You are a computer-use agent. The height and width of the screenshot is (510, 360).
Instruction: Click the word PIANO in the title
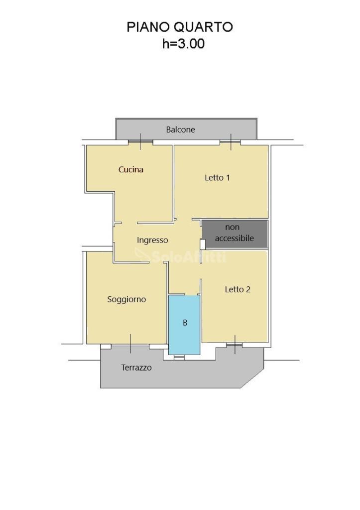coord(148,27)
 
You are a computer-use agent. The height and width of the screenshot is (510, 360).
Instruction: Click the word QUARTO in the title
coord(203,27)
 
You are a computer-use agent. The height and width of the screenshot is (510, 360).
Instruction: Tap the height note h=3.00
coord(183,44)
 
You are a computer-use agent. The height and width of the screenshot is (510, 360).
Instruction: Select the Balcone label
coord(180,129)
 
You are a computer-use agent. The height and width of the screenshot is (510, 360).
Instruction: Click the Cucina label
coord(131,169)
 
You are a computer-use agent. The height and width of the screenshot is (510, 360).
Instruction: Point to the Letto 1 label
coord(217,178)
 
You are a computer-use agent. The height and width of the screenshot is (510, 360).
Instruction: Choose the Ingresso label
coord(152,241)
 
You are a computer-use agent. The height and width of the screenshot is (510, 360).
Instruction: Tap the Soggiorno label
coord(126,299)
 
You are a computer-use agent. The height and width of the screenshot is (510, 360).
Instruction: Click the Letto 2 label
coord(238,289)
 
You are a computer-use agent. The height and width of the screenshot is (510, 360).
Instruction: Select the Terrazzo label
coord(136,368)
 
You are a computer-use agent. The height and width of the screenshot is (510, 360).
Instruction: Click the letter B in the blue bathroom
coord(185,323)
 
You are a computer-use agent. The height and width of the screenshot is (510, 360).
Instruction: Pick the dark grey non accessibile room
coord(235,234)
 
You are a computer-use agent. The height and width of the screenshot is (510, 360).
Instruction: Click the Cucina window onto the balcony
coord(140,142)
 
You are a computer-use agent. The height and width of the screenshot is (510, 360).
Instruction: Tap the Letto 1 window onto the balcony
coord(231,142)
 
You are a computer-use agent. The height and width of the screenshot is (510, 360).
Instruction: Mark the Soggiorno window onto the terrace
coord(130,347)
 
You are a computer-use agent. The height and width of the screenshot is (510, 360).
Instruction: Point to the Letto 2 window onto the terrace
coord(235,344)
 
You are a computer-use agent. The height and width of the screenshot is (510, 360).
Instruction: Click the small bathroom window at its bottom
coord(179,357)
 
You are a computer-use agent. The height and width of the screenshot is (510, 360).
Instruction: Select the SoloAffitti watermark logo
coord(180,255)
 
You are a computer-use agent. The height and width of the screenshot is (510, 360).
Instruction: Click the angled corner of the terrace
coord(252,378)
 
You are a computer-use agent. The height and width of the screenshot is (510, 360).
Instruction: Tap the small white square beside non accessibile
coord(203,244)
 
